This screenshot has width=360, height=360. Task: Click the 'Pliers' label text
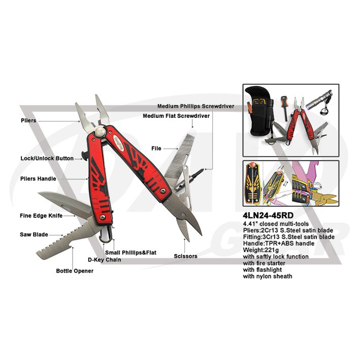pos(28,120)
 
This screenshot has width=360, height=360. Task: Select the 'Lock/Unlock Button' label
pos(47,158)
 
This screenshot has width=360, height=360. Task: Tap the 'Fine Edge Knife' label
pos(41,216)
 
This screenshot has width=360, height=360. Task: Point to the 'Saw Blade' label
pos(34,235)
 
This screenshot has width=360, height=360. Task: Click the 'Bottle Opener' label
pos(75,271)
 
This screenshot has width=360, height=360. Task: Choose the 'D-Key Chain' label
pos(105,260)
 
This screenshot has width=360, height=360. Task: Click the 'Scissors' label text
pos(185,256)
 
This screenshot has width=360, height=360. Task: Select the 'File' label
pos(156,149)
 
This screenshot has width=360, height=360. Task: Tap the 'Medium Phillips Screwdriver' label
pos(196,106)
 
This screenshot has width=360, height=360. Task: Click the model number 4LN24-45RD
pos(268,215)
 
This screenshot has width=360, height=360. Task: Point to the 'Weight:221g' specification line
pos(261,250)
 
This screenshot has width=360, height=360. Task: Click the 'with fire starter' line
pos(264,263)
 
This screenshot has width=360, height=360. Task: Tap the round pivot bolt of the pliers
pos(101,132)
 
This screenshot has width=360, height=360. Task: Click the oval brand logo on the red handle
pos(119,143)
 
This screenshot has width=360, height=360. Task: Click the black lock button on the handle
pos(84,156)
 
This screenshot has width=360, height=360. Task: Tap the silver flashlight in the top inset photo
pos(319,100)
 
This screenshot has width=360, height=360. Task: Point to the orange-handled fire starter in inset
pos(284,108)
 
